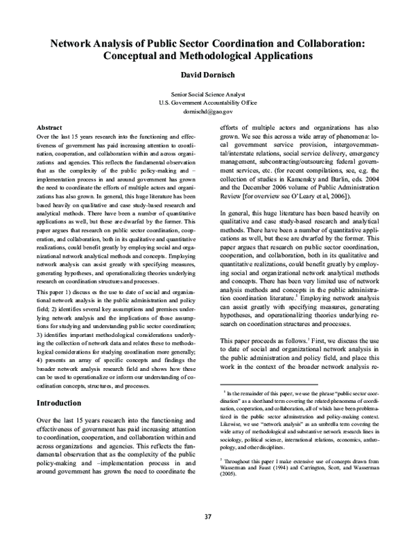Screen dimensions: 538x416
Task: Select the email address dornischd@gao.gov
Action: click(x=207, y=111)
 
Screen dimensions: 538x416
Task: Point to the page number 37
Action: click(x=207, y=516)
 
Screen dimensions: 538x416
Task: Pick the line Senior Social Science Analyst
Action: click(x=207, y=93)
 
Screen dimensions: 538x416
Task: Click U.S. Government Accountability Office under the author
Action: click(x=207, y=102)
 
